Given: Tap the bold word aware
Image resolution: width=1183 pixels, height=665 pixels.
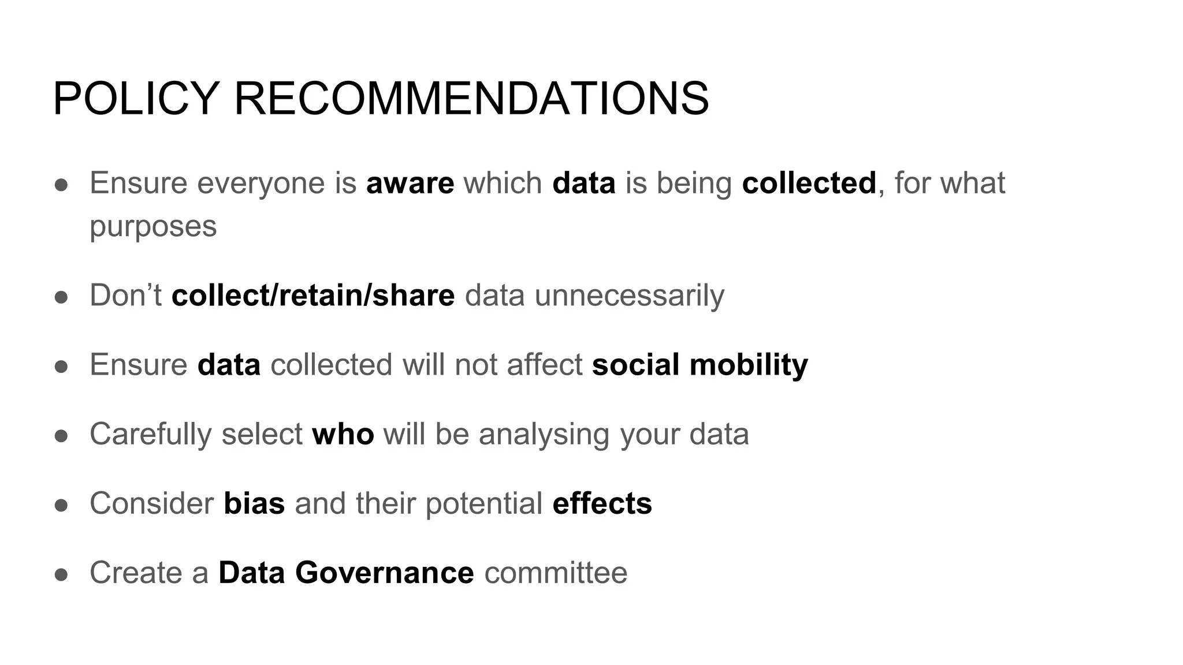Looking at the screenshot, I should point(410,184).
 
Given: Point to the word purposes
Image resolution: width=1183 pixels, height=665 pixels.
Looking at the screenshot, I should point(153,226).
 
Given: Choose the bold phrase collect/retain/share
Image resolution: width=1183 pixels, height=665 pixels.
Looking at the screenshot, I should point(313,296).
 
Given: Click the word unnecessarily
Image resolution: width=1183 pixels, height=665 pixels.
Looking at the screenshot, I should point(629,296).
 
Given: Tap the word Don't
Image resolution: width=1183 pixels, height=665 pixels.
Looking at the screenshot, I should point(125,296).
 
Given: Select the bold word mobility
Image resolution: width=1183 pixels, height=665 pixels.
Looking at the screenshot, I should point(749,365).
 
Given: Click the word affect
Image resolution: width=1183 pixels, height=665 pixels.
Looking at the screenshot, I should point(544,365).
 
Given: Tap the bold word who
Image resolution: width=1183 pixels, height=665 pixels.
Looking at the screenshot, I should point(343,434).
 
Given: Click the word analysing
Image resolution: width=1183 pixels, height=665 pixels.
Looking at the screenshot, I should point(544,434).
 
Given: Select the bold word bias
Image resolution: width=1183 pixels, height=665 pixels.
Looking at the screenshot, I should point(254,503).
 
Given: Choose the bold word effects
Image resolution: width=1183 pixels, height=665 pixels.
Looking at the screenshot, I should point(602,503).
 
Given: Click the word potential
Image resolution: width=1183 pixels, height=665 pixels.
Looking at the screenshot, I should point(484,503).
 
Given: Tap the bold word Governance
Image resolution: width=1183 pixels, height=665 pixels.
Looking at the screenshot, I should point(385,573).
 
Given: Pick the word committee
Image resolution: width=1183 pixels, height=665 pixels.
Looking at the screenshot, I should point(556,573).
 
